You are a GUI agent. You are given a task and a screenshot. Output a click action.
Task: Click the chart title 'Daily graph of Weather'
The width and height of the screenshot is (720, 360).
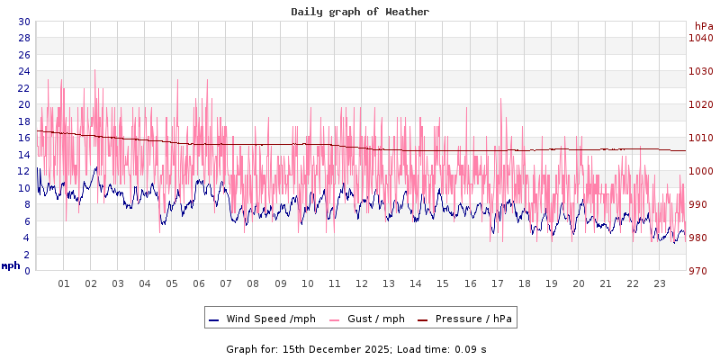(x=360, y=12)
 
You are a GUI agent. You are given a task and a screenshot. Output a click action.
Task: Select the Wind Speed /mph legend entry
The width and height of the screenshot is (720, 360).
(x=262, y=319)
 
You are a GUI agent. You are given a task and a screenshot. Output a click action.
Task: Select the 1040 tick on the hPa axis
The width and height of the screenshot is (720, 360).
(x=701, y=38)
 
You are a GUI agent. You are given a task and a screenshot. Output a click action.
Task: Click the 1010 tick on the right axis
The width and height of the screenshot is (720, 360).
(x=701, y=138)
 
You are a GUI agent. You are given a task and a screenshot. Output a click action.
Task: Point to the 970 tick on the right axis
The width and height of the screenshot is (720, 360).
(x=701, y=271)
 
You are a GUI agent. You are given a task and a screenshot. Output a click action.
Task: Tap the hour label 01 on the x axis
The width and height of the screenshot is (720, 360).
(x=64, y=283)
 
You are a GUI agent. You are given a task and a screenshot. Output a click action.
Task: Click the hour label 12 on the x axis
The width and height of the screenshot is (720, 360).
(x=362, y=283)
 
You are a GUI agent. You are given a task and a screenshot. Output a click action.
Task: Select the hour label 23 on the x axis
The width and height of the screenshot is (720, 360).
(x=660, y=283)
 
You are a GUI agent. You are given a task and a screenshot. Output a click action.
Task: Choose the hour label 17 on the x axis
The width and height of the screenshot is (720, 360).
(x=497, y=283)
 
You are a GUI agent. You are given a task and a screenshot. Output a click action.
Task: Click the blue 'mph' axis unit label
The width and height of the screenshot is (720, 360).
(x=11, y=265)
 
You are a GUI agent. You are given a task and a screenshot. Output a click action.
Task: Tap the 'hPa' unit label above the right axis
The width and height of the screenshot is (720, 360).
(x=704, y=26)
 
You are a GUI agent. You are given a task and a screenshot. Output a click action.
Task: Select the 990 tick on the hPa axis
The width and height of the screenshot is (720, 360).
(x=701, y=204)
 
